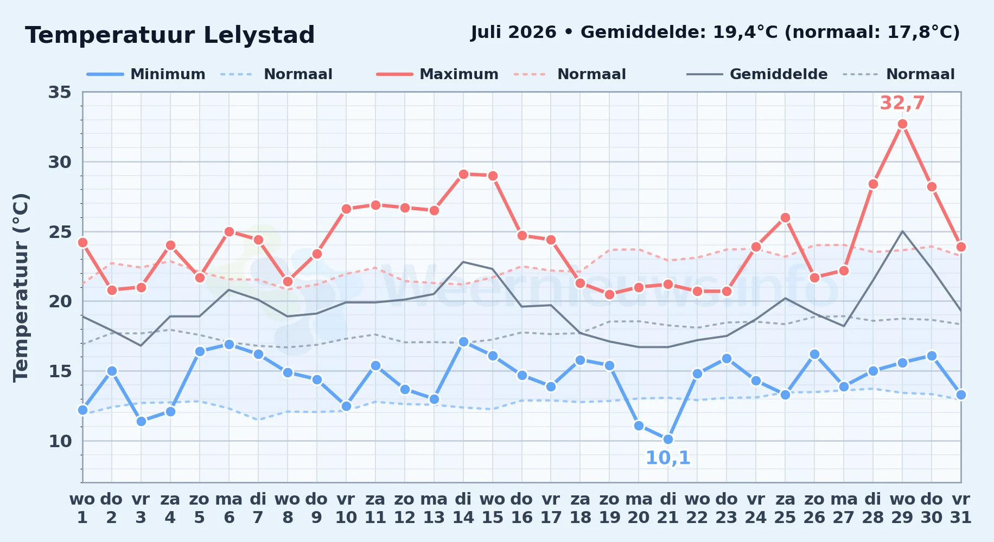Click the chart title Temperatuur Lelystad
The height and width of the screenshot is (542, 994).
click(x=170, y=35)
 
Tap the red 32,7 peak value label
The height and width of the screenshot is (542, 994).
click(x=902, y=102)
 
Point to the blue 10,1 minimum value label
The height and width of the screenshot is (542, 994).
click(x=668, y=458)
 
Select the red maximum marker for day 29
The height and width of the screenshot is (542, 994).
click(x=902, y=124)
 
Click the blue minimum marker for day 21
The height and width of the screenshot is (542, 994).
click(x=668, y=439)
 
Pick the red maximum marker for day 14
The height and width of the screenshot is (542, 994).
click(x=463, y=174)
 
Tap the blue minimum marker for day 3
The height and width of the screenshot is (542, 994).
click(x=141, y=421)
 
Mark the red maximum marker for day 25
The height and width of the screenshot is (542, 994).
click(x=785, y=218)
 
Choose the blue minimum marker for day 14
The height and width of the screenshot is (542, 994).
click(x=463, y=341)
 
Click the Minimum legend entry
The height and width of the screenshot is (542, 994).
click(x=146, y=74)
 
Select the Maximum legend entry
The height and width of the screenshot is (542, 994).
click(x=437, y=74)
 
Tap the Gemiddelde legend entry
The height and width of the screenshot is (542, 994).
click(x=757, y=74)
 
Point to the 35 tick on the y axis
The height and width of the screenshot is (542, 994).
click(x=60, y=92)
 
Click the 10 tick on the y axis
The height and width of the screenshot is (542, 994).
click(x=60, y=441)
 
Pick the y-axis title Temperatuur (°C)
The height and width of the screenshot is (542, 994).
click(x=21, y=287)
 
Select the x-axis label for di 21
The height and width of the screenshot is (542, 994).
click(x=668, y=508)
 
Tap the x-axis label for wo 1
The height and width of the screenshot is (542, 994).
click(x=82, y=508)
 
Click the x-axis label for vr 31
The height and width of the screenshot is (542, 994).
click(x=961, y=508)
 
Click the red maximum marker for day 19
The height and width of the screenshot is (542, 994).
click(x=609, y=294)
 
